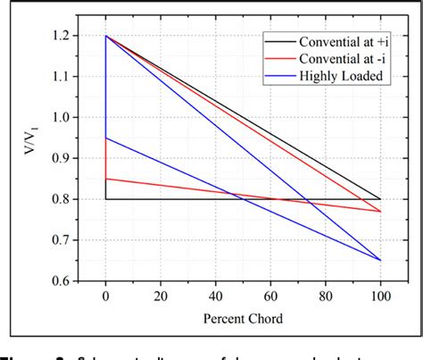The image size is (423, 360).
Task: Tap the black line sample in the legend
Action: tap(278, 41)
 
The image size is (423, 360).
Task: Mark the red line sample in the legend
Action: tap(278, 58)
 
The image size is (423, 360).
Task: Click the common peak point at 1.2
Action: tap(106, 37)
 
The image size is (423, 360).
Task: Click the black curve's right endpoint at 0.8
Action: tap(381, 199)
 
